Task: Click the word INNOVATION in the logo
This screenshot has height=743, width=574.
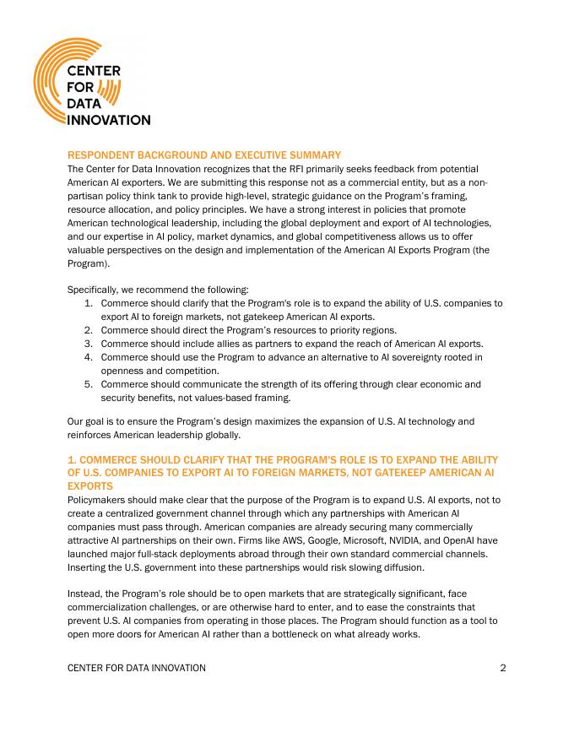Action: (x=109, y=120)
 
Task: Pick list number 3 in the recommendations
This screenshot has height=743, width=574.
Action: (x=89, y=344)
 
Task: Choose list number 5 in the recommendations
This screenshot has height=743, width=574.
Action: (x=89, y=384)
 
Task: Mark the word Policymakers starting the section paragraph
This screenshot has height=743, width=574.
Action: (x=97, y=500)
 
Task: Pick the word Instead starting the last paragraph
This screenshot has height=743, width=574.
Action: (x=86, y=594)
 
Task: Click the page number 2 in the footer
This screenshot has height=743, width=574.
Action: (x=503, y=668)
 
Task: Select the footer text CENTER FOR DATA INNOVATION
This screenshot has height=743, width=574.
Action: (x=136, y=668)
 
